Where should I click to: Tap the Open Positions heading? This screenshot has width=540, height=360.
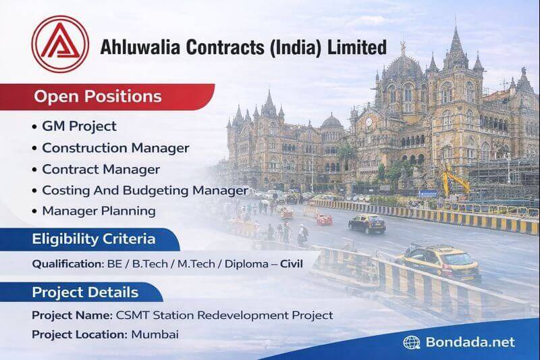pos(98,96)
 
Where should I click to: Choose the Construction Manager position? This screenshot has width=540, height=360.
pos(115,147)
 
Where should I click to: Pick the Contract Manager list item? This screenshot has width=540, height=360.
pos(101,169)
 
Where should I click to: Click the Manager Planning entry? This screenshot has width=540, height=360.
pos(99,211)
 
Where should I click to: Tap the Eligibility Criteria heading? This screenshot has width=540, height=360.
pos(94,239)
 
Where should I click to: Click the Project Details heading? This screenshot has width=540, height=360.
pos(85,292)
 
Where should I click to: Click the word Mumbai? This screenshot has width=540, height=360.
pos(155,334)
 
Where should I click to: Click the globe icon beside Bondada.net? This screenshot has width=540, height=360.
pos(411,342)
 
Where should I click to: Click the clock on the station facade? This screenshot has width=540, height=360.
pos(369,123)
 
